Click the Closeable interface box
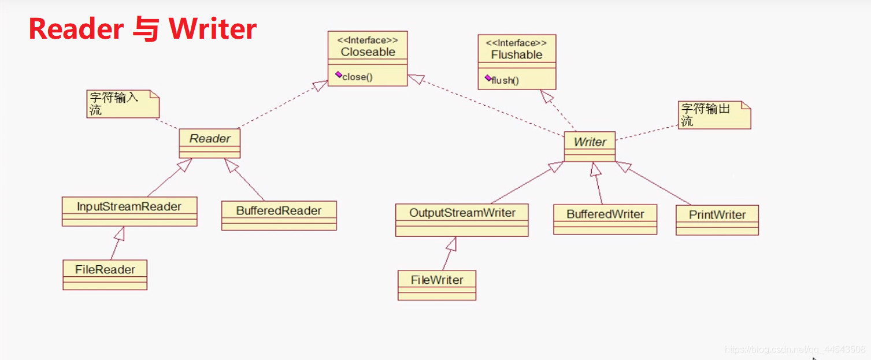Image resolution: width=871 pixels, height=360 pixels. coord(368,58)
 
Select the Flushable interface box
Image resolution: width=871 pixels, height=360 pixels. coord(517,62)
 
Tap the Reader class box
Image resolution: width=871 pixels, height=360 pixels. coord(210,143)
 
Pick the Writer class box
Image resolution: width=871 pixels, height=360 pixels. coord(590,146)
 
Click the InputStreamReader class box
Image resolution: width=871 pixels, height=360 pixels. coord(129,211)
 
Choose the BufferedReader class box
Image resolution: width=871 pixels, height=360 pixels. coord(279,216)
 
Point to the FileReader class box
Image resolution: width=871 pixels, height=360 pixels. coord(105,274)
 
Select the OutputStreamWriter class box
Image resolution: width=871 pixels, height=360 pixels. coord(462,220)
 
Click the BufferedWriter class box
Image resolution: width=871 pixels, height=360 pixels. coord(605,219)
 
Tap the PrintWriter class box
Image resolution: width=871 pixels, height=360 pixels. coord(717,220)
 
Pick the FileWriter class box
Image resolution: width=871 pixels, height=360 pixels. coord(437,285)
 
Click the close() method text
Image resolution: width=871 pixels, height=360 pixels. coord(357,77)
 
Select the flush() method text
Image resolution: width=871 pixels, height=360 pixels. coord(505,80)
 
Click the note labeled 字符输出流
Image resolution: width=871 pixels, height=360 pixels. coord(714,115)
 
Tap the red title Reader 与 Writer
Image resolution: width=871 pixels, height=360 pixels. coord(143,29)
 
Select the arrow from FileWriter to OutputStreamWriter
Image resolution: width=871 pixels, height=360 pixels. coord(448,254)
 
